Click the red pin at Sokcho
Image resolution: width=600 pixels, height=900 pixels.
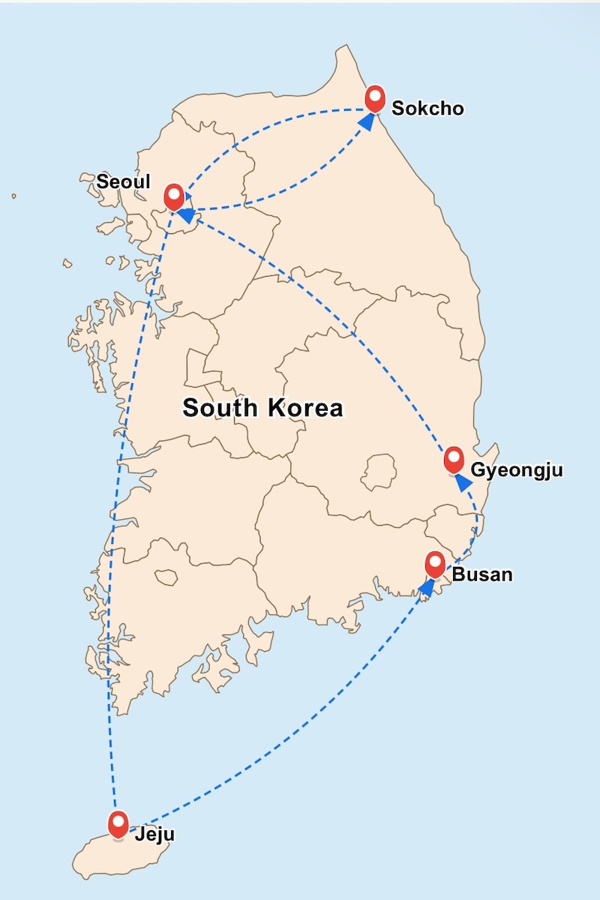[x=375, y=98]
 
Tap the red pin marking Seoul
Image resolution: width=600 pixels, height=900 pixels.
[x=175, y=196]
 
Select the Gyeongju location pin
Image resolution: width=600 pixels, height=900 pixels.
[x=454, y=459]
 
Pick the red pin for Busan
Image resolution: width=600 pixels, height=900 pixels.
[x=435, y=563]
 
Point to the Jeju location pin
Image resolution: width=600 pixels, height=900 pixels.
[x=118, y=823]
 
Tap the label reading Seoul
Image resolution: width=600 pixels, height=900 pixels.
[x=124, y=181]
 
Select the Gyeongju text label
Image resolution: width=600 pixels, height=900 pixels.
[x=516, y=471]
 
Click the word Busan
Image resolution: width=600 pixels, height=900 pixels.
[x=482, y=575]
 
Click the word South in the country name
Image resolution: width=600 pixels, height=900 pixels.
[x=216, y=408]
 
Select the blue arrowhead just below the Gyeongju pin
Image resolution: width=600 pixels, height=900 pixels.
[x=463, y=483]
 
